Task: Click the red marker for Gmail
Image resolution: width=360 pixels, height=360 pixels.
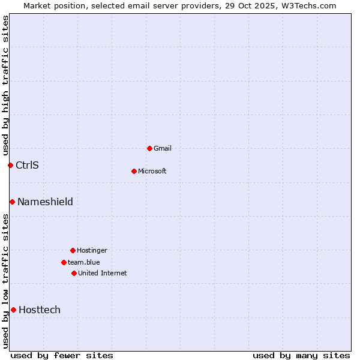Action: (149, 148)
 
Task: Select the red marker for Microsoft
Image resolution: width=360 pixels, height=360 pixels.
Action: (134, 171)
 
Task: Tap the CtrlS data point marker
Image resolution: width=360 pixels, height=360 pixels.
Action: (10, 165)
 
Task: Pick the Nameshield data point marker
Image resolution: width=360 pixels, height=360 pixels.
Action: (12, 202)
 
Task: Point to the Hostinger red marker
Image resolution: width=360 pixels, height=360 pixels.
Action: (73, 250)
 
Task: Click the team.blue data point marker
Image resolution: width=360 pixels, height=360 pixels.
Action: (64, 262)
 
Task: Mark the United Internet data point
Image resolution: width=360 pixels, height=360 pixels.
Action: (74, 273)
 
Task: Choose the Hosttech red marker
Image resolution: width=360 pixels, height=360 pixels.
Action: (13, 310)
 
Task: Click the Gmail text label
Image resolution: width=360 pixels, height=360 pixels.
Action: (163, 148)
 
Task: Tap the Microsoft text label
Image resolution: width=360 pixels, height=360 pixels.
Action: (152, 171)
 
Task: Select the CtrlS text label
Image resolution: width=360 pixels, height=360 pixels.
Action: (27, 165)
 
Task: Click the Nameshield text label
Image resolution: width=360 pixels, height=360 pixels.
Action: (45, 202)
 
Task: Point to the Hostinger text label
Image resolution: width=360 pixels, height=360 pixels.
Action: (92, 250)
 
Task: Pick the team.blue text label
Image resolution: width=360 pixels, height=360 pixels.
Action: (84, 262)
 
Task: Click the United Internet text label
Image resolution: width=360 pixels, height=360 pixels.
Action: (103, 273)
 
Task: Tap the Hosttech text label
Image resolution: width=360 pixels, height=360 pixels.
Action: (40, 310)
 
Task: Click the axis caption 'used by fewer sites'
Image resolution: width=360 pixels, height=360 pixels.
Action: (62, 355)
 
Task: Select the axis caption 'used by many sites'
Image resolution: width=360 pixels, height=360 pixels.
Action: (301, 355)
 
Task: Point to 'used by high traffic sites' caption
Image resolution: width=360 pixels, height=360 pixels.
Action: (5, 85)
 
